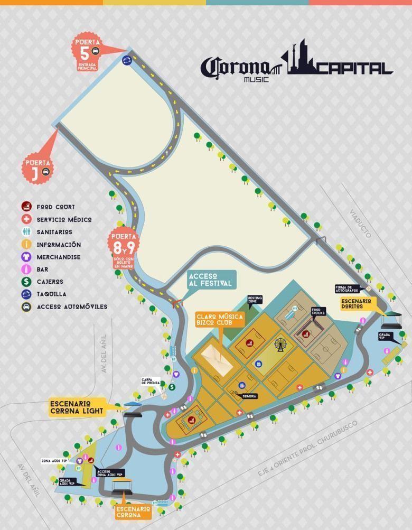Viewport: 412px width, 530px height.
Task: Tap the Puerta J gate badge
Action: pyautogui.click(x=38, y=166)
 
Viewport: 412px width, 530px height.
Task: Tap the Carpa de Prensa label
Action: pyautogui.click(x=151, y=382)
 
